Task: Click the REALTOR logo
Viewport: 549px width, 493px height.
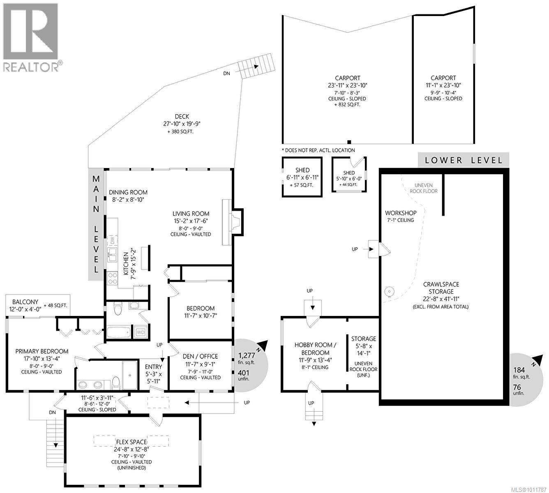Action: pyautogui.click(x=32, y=37)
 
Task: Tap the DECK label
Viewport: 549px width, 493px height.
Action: pyautogui.click(x=181, y=117)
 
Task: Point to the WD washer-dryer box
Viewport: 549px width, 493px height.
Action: pyautogui.click(x=140, y=332)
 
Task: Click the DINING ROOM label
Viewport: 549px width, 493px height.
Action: pyautogui.click(x=128, y=192)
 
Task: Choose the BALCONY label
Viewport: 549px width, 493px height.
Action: pyautogui.click(x=25, y=302)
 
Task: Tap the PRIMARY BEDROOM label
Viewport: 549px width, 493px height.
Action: pyautogui.click(x=42, y=351)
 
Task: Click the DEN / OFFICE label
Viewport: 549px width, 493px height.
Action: pyautogui.click(x=200, y=356)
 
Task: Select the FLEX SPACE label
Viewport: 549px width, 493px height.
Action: pyautogui.click(x=131, y=442)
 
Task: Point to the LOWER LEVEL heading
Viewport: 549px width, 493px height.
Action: pyautogui.click(x=464, y=160)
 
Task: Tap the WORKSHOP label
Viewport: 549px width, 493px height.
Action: pyautogui.click(x=400, y=213)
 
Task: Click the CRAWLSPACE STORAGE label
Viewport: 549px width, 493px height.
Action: pyautogui.click(x=441, y=288)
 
